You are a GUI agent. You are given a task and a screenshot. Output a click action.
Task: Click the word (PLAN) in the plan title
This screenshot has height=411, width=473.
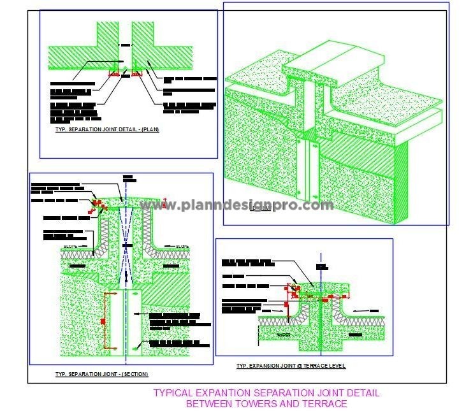click(150, 130)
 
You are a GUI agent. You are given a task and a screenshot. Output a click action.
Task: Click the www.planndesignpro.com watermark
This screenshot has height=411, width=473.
click(236, 205)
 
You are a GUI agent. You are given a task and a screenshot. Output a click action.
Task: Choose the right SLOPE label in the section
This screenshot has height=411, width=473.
click(184, 246)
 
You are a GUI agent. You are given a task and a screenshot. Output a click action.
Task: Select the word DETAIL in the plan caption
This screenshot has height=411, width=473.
click(133, 130)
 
